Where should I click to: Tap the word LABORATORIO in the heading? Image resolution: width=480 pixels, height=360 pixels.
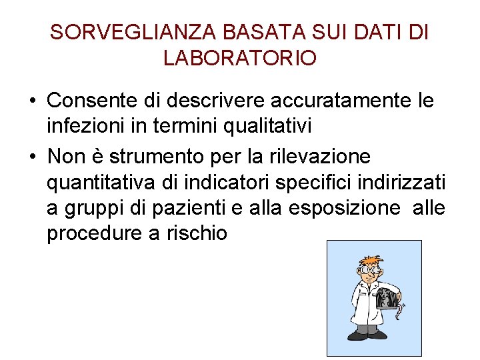(x=240, y=59)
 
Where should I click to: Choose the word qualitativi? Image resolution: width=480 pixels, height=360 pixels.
(x=267, y=124)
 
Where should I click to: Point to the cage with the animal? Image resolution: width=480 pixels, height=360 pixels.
(x=389, y=301)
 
